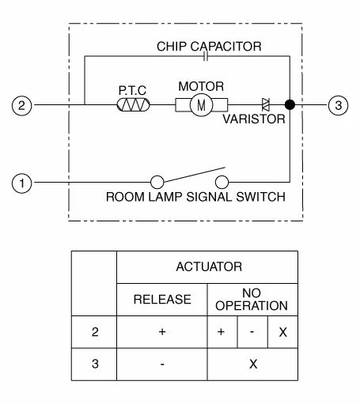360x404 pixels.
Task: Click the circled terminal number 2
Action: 21,105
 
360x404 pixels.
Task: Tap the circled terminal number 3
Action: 338,105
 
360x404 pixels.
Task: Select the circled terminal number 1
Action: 21,183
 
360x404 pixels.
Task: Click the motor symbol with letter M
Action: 201,105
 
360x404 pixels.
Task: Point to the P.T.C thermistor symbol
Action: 133,105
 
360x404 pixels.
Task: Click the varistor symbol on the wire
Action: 266,104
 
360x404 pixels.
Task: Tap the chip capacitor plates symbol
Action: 206,56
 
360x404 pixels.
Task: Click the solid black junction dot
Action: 290,105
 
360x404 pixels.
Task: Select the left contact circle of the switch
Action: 157,182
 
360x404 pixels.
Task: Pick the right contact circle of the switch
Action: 222,182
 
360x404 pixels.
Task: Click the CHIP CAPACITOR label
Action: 209,47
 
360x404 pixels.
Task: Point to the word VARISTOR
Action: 254,119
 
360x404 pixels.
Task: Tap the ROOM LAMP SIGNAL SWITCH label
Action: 195,197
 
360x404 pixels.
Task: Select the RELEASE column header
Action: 162,300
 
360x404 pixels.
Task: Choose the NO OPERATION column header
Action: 252,300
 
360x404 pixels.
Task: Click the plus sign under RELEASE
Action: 162,332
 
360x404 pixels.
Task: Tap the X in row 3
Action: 253,364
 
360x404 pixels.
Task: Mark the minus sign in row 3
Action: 162,364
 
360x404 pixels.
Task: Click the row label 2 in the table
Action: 95,332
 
